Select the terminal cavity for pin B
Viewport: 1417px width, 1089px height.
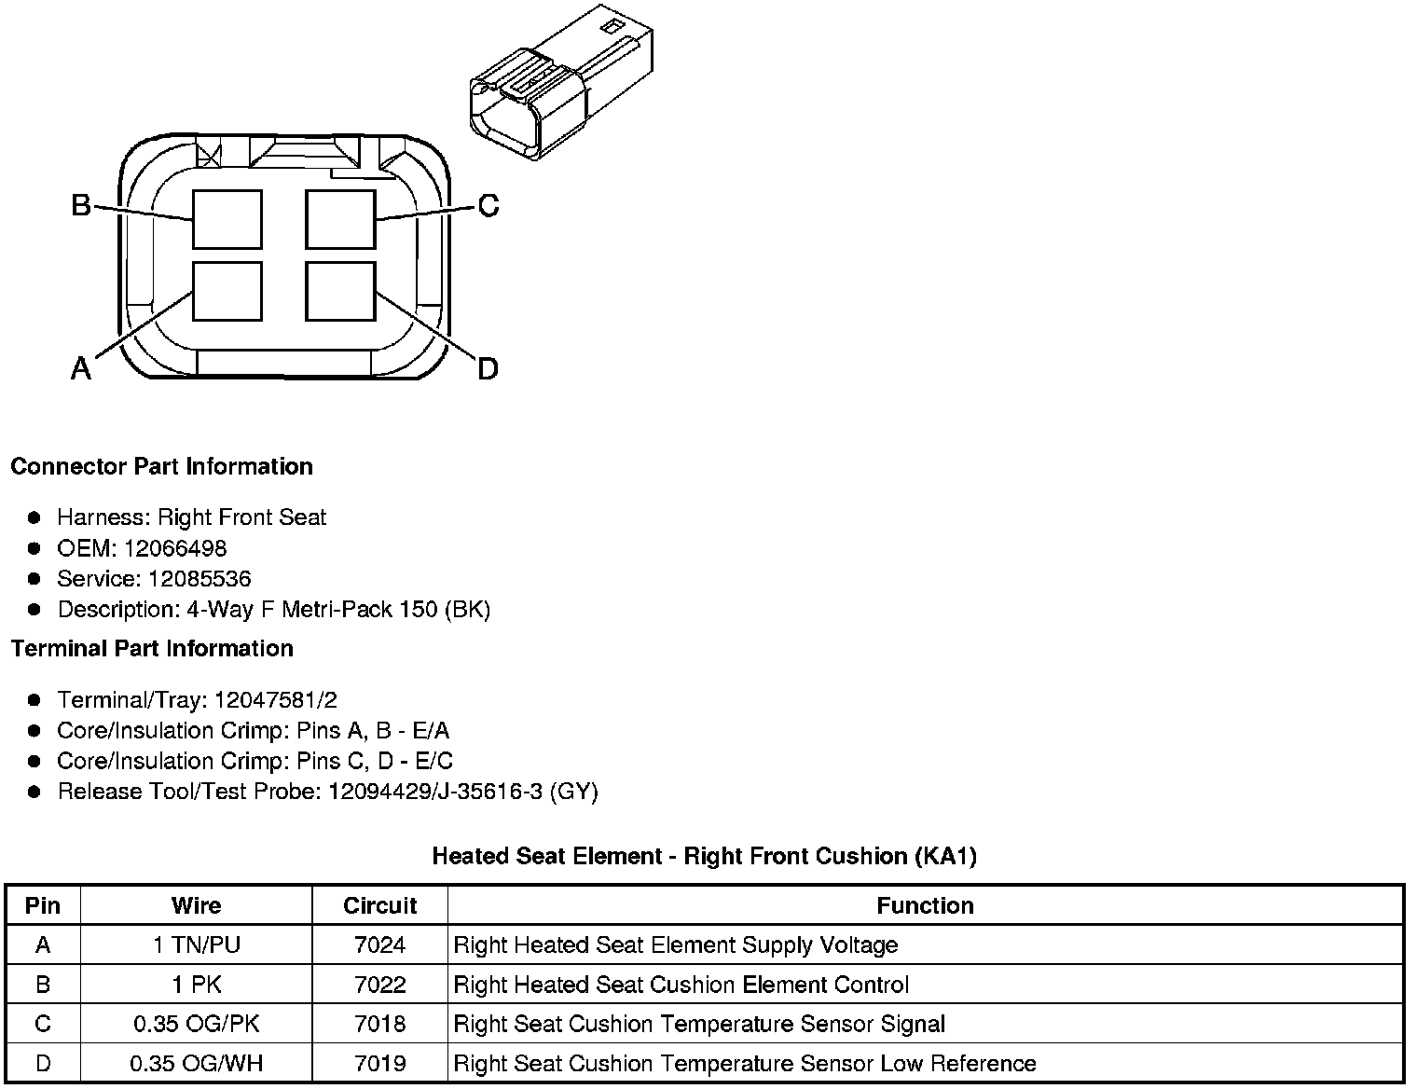[227, 219]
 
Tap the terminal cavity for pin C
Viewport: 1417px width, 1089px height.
[341, 219]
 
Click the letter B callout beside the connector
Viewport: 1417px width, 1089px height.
[81, 205]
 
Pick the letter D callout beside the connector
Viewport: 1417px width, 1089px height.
[488, 369]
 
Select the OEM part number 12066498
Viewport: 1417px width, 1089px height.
[175, 548]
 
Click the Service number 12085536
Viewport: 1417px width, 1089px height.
[199, 579]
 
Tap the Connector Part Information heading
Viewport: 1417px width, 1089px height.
[161, 466]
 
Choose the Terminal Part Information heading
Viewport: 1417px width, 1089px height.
[152, 649]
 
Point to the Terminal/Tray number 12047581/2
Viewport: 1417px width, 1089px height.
[275, 700]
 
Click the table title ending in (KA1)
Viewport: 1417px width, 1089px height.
[704, 856]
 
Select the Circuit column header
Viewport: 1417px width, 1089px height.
[379, 905]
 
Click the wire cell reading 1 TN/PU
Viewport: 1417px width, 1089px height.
[197, 945]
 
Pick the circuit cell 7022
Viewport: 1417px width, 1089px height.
[379, 985]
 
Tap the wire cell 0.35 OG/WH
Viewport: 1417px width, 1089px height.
[197, 1064]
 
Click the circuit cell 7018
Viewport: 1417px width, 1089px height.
[379, 1025]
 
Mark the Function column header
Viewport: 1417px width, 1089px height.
[925, 905]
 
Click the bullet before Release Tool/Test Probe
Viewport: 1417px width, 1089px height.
[34, 793]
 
